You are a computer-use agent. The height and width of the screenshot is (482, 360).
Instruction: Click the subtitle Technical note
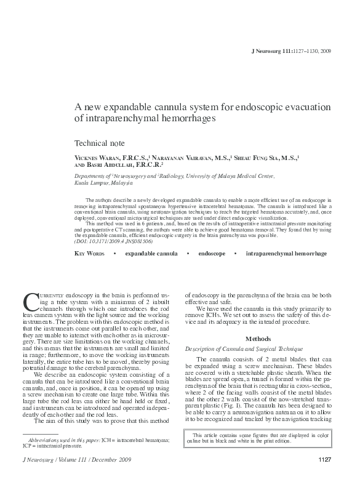tap(99, 142)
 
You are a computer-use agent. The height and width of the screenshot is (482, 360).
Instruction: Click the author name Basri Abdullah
tap(111, 166)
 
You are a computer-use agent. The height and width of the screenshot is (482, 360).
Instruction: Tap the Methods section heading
tap(258, 339)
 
